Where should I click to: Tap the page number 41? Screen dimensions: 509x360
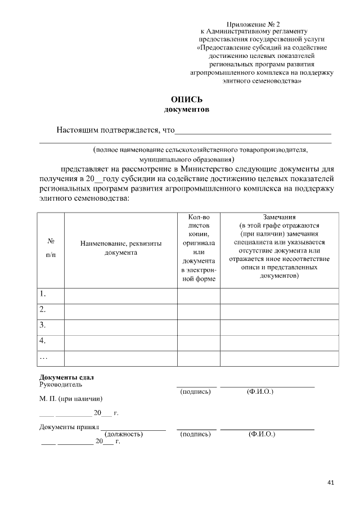[x=330, y=483]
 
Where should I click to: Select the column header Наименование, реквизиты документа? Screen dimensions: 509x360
[x=121, y=248]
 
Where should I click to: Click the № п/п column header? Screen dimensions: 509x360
[x=51, y=248]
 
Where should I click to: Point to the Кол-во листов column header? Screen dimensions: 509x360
[x=199, y=248]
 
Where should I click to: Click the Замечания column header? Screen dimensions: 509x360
[x=279, y=248]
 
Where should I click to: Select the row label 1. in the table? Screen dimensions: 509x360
[x=43, y=294]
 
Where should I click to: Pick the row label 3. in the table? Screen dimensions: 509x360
[x=43, y=325]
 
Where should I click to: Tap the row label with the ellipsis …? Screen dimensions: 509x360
[x=44, y=357]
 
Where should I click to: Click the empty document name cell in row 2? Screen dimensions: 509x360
[x=121, y=310]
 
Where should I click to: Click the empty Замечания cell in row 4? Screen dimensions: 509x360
[x=279, y=341]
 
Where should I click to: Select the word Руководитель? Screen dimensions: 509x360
[x=60, y=385]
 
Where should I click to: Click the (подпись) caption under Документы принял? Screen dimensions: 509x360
[x=195, y=434]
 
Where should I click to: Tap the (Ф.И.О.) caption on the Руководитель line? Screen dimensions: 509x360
[x=260, y=391]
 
